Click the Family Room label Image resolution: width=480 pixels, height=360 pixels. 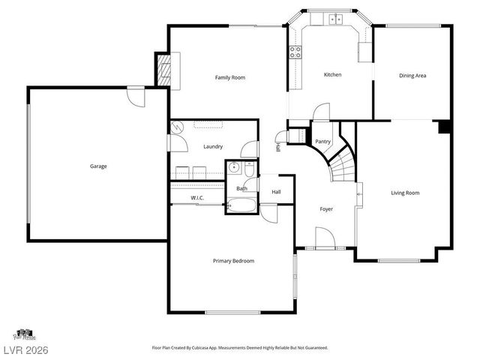pos(229,77)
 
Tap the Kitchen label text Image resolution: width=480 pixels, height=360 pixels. pos(332,75)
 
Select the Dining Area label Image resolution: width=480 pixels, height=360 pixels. pos(412,75)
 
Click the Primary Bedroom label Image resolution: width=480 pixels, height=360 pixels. pos(233,261)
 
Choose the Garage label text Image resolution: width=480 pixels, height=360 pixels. pos(98,166)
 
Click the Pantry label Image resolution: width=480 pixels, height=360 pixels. pos(323,141)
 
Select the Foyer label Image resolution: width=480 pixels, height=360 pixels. pos(325,209)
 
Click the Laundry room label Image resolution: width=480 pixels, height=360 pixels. pos(213,146)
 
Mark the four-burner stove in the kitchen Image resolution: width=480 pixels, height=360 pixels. pos(295,52)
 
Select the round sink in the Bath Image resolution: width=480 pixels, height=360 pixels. pos(233,167)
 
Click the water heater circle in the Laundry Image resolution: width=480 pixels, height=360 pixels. pos(178,127)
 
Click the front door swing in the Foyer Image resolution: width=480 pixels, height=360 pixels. pos(325,238)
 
